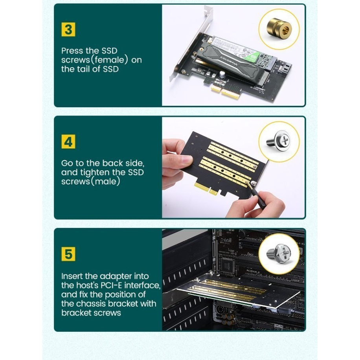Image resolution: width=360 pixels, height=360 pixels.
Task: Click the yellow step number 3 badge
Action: point(68,29)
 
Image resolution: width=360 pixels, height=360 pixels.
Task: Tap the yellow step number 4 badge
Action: point(68,141)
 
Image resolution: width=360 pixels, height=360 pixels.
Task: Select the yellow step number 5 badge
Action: point(68,254)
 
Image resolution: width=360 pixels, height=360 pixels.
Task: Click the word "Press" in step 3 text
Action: point(72,51)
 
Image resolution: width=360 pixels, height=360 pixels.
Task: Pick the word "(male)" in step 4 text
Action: point(105,182)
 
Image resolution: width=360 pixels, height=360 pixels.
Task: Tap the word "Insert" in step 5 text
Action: point(72,276)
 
